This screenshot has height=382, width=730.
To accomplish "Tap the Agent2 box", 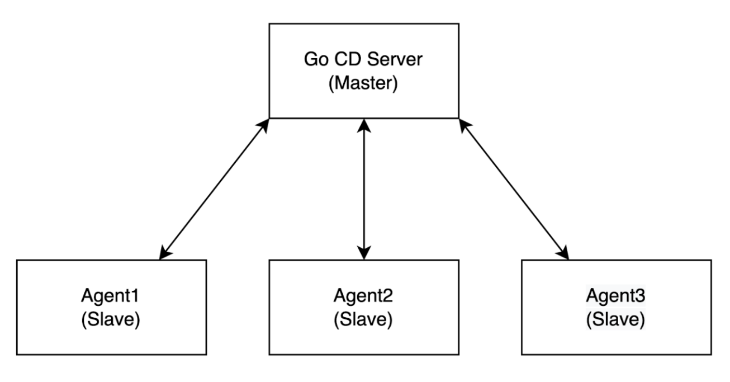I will (364, 307).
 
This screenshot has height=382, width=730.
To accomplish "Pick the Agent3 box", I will (617, 307).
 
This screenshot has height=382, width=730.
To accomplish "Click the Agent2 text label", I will (364, 297).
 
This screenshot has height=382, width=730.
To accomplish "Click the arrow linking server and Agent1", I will (214, 189).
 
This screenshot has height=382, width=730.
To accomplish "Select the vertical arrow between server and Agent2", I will (364, 189).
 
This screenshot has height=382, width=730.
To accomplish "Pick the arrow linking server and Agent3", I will (514, 189).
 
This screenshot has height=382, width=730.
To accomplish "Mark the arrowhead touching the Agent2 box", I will (364, 253).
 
